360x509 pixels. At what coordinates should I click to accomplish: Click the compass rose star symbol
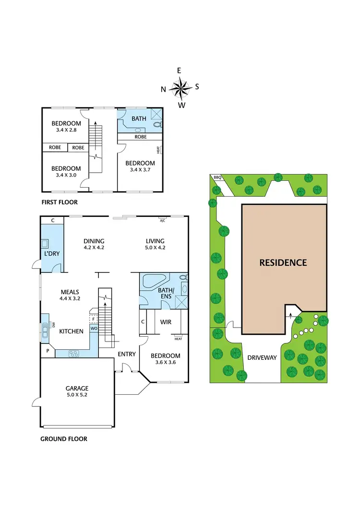click(x=180, y=88)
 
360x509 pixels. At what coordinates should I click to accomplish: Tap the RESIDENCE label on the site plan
click(x=283, y=262)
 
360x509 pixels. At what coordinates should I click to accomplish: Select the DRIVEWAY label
click(x=262, y=358)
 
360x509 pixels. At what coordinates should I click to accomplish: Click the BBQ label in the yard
click(x=217, y=178)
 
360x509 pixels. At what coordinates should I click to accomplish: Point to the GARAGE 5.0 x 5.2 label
click(x=77, y=392)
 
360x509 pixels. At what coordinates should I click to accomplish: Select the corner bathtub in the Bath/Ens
click(x=154, y=281)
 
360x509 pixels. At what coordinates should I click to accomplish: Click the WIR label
click(x=166, y=322)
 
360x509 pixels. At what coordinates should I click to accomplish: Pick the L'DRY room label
click(x=51, y=253)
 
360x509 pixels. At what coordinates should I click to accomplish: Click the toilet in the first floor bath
click(x=157, y=125)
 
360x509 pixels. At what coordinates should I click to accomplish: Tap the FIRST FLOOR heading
click(x=60, y=202)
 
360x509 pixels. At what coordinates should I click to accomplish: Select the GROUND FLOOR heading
click(x=64, y=438)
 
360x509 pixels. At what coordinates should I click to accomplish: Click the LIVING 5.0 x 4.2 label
click(x=155, y=245)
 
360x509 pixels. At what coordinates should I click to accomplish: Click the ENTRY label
click(x=127, y=354)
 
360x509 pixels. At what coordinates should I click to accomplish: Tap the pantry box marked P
click(x=48, y=351)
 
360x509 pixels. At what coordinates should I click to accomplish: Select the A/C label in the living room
click(x=163, y=220)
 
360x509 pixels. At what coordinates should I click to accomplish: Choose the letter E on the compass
click(x=179, y=71)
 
